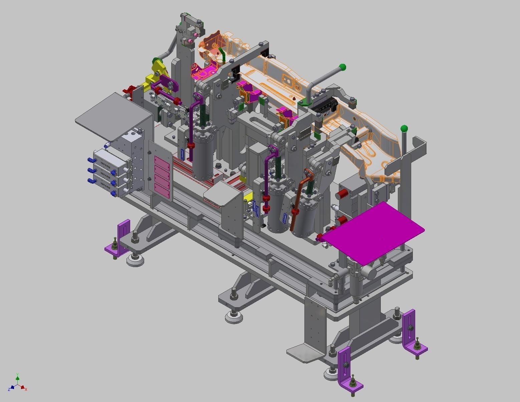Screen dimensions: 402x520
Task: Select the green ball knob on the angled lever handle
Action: tap(342, 67)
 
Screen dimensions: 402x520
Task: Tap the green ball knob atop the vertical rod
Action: tap(404, 129)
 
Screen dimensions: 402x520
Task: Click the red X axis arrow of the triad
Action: tap(23, 388)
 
